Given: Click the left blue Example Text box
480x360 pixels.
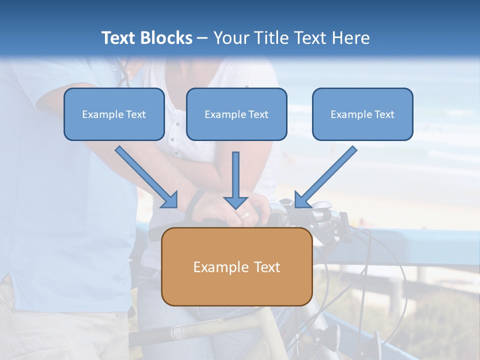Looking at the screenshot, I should [114, 114].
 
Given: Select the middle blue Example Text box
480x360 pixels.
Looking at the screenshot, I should [236, 114].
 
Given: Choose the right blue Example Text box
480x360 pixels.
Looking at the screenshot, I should [362, 114].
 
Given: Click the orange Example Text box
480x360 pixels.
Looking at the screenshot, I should [236, 266].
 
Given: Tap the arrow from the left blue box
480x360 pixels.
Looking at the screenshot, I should [145, 175].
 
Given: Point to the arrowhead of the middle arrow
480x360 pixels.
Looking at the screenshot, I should [235, 202].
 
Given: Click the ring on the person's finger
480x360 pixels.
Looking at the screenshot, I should [245, 215].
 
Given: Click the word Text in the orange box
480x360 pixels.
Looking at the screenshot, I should [267, 267].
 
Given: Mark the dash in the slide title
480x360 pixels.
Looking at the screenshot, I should [202, 38].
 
